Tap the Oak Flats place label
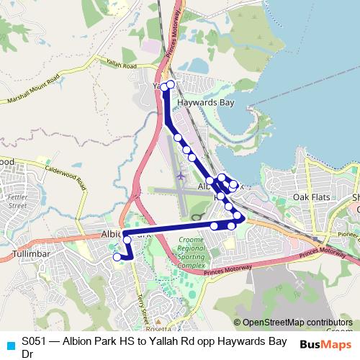pyautogui.click(x=310, y=196)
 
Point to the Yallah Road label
pyautogui.click(x=120, y=65)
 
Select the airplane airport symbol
pyautogui.click(x=179, y=176)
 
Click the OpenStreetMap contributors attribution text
pyautogui.click(x=293, y=323)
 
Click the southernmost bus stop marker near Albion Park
pyautogui.click(x=117, y=256)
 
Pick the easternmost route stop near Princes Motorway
pyautogui.click(x=238, y=215)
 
